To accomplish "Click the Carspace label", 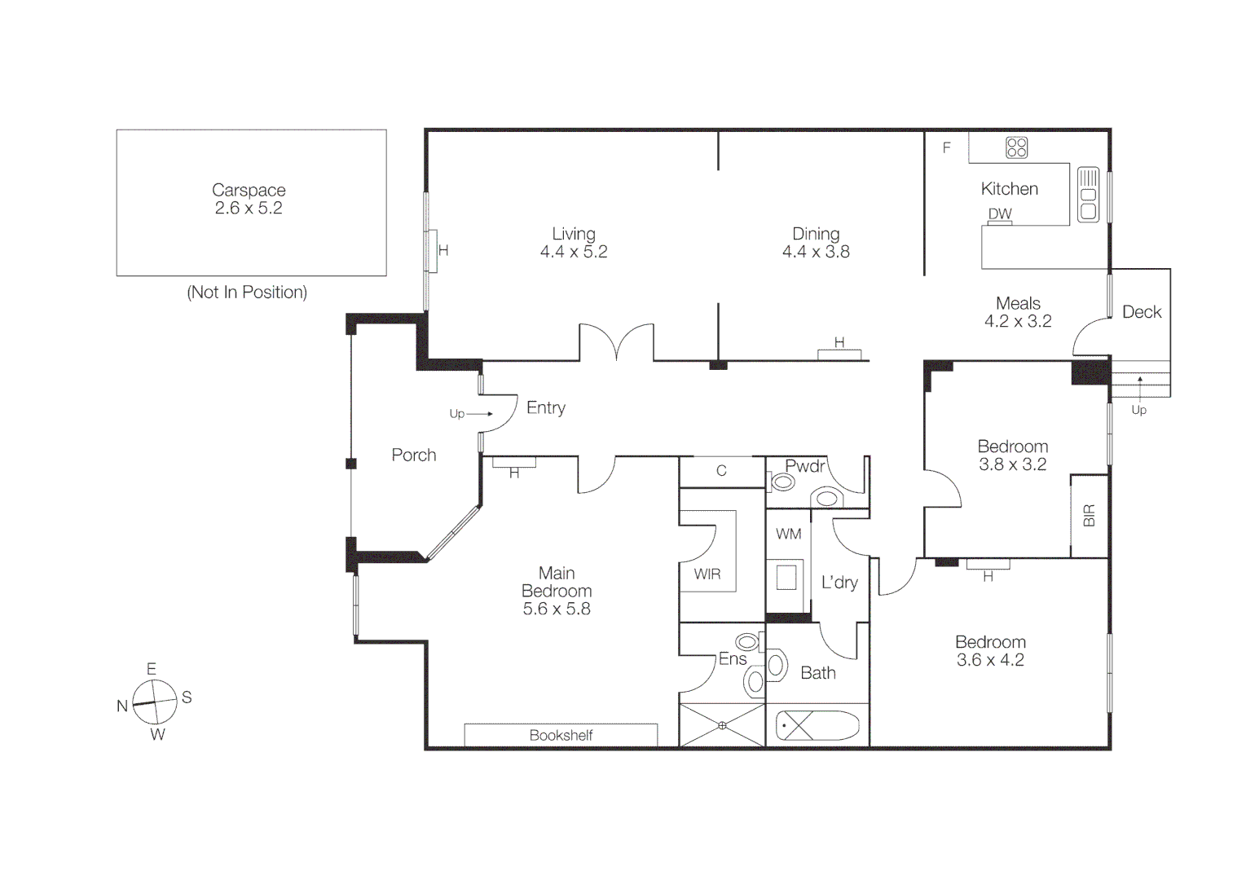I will point(249,190).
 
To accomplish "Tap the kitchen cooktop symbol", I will point(1016,147).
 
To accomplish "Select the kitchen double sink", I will point(1088,194).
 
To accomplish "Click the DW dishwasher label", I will point(1000,213).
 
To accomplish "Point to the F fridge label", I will point(946,147).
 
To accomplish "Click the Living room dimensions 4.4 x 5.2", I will point(574,252).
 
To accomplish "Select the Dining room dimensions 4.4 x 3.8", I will point(816,252).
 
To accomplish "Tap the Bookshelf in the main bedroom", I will point(561,735).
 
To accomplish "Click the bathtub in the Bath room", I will point(817,725).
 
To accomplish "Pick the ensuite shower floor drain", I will point(722,725).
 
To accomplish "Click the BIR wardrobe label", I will point(1090,515).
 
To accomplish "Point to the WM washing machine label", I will point(788,534).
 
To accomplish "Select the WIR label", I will point(707,574).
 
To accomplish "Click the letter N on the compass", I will point(122,706).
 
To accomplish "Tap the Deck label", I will point(1141,311).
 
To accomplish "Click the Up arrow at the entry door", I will point(479,414).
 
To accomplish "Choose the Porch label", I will point(413,455).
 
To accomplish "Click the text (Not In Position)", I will point(247,292).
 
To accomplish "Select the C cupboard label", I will point(721,470).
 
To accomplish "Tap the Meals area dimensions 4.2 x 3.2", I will point(1018,321).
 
